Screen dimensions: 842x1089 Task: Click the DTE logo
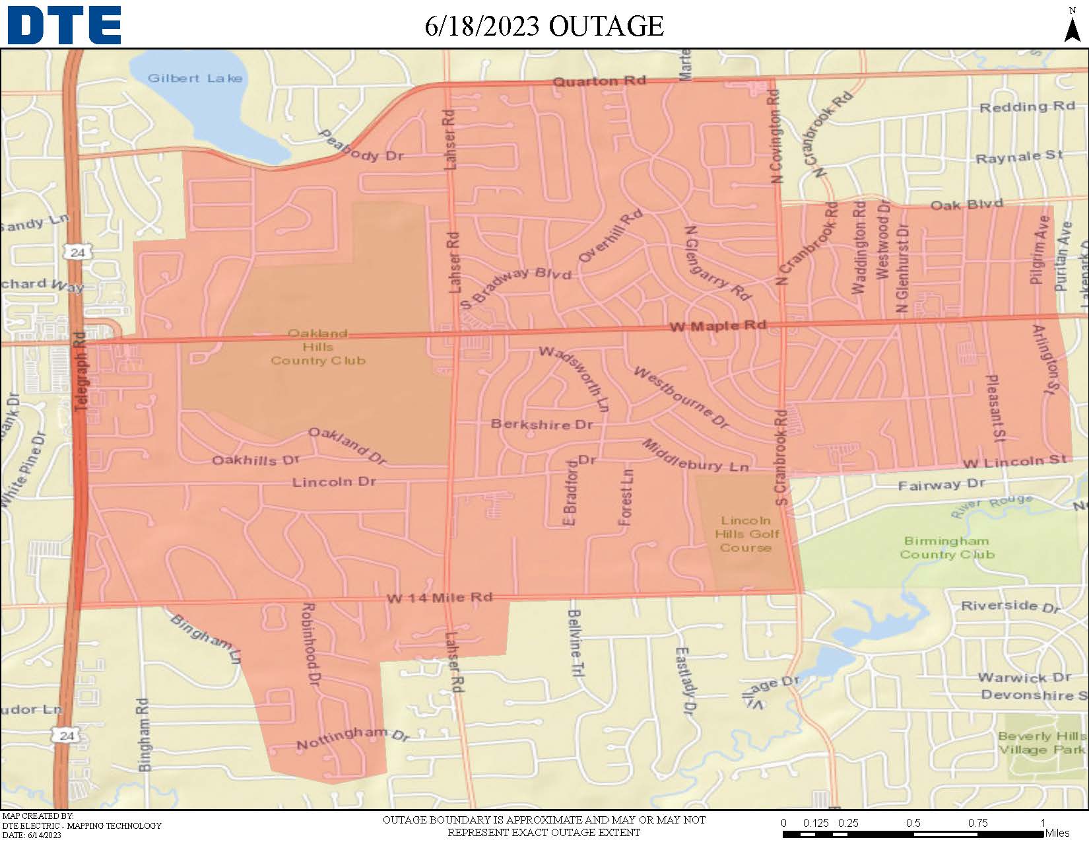(64, 25)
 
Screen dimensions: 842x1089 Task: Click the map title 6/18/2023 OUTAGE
(544, 26)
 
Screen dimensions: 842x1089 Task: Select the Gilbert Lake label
(195, 78)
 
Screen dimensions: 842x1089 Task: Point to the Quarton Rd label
(599, 81)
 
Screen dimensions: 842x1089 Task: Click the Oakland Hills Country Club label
(317, 347)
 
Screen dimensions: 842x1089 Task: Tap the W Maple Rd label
(717, 326)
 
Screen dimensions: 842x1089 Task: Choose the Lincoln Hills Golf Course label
(746, 534)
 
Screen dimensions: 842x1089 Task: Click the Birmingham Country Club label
(946, 547)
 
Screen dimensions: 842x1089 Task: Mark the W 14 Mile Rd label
(439, 598)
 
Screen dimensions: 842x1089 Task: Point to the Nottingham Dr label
(352, 738)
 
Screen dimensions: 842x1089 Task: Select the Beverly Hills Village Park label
(1041, 742)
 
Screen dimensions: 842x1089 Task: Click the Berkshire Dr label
(541, 424)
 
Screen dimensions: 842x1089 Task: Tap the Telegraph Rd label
(80, 372)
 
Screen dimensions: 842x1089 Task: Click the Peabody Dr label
(360, 147)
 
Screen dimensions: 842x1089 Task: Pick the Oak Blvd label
(966, 205)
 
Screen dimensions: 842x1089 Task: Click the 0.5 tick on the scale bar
(913, 823)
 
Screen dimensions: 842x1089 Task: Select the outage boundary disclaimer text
(544, 825)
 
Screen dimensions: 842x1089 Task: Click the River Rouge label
(991, 505)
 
